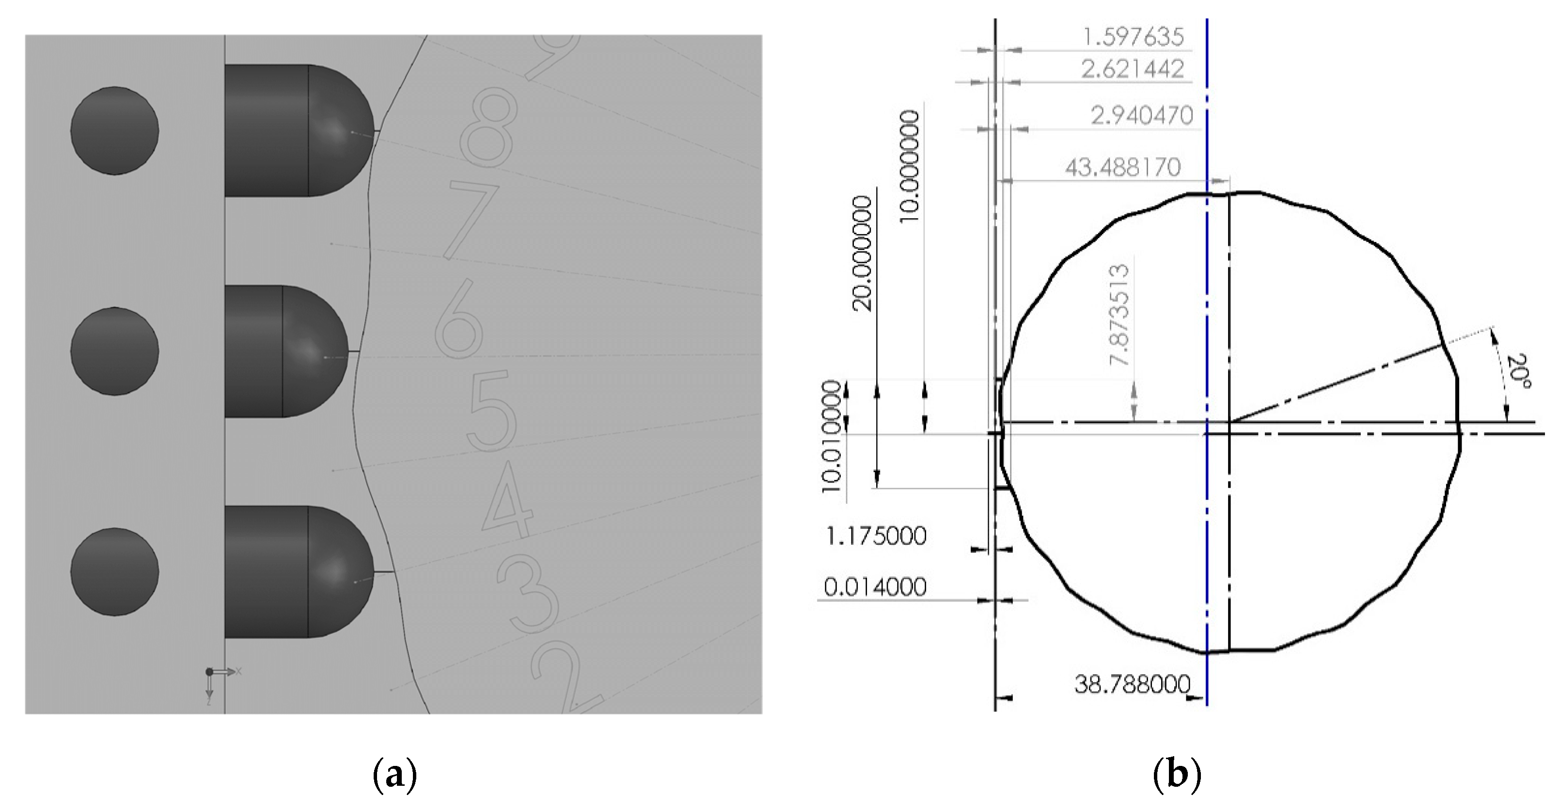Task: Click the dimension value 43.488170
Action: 1123,167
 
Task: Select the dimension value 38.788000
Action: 1132,685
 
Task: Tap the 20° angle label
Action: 1516,383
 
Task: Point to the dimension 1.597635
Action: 1133,37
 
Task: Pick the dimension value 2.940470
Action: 1142,115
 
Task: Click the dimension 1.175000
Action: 876,537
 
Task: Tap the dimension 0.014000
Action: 875,587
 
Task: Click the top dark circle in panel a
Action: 114,130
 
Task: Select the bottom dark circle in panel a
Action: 114,571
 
